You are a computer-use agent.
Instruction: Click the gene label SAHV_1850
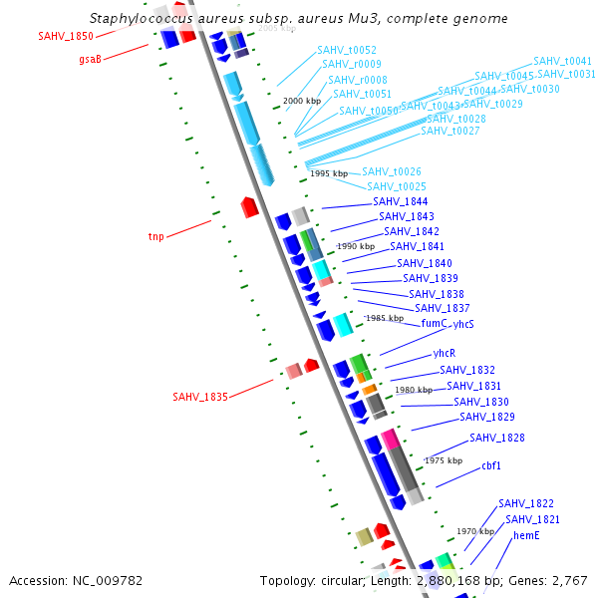point(66,36)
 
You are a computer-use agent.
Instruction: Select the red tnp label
point(155,237)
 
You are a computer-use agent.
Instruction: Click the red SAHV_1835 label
point(200,397)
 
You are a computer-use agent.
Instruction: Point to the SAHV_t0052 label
point(347,50)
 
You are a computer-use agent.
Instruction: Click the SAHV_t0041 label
point(562,62)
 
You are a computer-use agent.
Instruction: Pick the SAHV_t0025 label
point(397,187)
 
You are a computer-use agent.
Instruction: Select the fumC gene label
point(434,324)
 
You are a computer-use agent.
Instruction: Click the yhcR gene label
point(444,354)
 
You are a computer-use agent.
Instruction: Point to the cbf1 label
point(491,466)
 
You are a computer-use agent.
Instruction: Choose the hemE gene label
point(526,536)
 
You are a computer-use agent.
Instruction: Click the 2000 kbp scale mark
point(302,102)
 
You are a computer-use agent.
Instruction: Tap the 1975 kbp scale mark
point(443,461)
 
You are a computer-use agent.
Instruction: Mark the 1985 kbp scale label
point(384,319)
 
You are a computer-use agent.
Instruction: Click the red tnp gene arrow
point(250,207)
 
